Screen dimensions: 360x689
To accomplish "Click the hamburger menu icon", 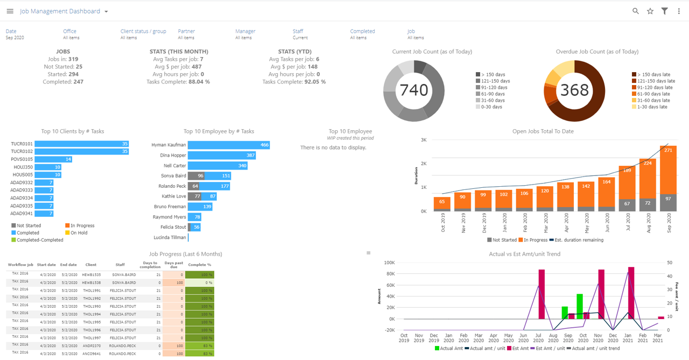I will (10, 11).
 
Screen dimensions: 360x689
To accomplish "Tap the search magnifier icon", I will (636, 11).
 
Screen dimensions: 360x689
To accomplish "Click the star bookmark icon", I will (650, 11).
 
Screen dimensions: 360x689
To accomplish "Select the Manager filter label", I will (245, 31).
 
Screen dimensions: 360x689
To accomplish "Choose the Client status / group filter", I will (143, 31).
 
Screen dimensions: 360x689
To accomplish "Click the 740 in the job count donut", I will (413, 90).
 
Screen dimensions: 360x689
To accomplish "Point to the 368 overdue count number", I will (574, 90).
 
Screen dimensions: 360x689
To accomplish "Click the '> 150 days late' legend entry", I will (653, 74).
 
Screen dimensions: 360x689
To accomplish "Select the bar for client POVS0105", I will (54, 159).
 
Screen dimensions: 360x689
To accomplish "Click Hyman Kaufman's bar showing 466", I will (228, 145).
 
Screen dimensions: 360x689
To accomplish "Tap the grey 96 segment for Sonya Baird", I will (196, 176).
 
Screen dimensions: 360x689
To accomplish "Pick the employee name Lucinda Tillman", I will (170, 237).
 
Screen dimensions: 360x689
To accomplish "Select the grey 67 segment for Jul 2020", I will (627, 204).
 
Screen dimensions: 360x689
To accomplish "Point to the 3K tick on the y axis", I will (424, 140).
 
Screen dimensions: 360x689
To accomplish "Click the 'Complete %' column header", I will (199, 265).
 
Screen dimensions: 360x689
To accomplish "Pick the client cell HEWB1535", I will (91, 274).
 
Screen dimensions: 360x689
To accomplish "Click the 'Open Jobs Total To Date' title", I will (543, 131).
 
